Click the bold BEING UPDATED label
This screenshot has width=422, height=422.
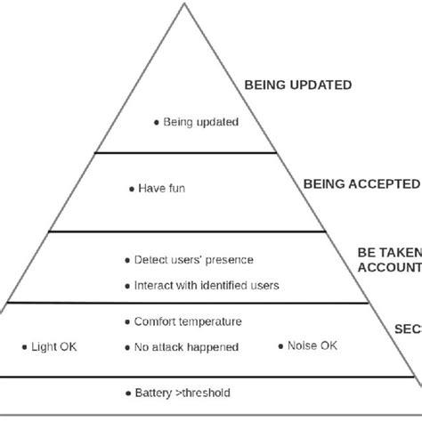(x=297, y=85)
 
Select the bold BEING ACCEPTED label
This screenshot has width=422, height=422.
(x=361, y=184)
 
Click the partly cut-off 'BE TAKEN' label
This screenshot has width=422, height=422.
(x=389, y=252)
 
